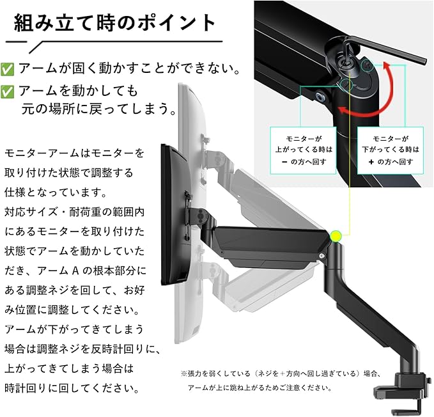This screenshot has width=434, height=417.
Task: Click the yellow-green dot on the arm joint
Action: point(336,236)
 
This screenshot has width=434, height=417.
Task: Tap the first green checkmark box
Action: point(7,69)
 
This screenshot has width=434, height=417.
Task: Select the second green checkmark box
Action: point(7,91)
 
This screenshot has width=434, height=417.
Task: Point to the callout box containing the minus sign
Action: point(303,150)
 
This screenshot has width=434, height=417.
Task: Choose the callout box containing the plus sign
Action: point(391,150)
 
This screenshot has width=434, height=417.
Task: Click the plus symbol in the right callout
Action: point(371,162)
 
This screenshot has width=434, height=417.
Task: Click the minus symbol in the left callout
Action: point(284,162)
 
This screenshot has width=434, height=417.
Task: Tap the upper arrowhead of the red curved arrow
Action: point(387,67)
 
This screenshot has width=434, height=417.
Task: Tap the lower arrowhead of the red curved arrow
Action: point(343,110)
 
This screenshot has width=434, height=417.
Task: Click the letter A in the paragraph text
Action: point(75,271)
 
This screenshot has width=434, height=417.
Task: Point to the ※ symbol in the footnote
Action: point(184,374)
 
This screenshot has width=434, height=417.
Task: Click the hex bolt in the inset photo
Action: point(321,97)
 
